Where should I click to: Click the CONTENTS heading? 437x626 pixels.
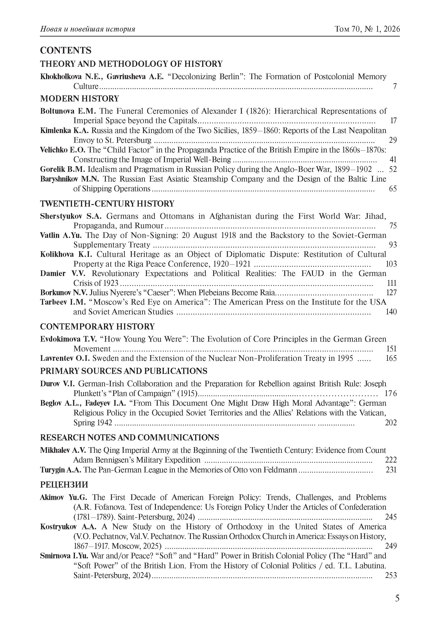[65, 51]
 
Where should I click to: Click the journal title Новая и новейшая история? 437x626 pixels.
[88, 29]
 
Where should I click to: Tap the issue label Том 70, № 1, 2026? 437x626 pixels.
[367, 29]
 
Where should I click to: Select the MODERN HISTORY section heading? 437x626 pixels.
[79, 98]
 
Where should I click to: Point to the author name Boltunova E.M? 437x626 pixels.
[68, 111]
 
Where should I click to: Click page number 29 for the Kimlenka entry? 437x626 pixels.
[393, 140]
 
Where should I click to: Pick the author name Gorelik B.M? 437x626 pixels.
[63, 169]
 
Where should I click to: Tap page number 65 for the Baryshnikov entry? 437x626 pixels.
[393, 189]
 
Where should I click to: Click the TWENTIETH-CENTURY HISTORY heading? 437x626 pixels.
[107, 204]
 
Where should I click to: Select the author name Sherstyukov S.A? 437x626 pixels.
[71, 216]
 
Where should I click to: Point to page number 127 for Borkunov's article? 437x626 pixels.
[391, 292]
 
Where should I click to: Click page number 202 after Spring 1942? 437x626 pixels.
[391, 423]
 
